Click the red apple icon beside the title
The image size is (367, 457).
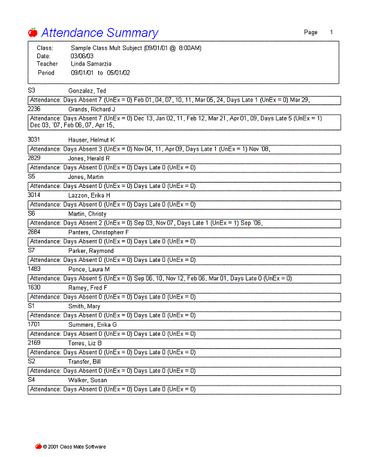tap(33, 32)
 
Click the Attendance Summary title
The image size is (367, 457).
tap(100, 33)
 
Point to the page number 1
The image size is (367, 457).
tap(331, 32)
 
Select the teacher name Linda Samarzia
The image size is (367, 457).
tap(91, 64)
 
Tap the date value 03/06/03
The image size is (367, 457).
tap(82, 56)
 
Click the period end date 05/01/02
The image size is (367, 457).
tap(118, 73)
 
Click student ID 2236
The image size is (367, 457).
tap(34, 109)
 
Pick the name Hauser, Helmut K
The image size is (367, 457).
tap(91, 140)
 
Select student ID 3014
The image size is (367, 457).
tap(35, 195)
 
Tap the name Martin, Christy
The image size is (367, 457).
tap(88, 214)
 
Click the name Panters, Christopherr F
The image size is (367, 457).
tap(98, 232)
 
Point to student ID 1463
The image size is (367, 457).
tap(34, 269)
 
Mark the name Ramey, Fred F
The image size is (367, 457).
tap(88, 288)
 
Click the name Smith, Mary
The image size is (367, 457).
tap(84, 306)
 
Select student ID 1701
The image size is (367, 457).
tap(34, 324)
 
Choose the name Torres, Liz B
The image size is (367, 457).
tap(85, 343)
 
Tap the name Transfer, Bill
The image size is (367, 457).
tap(85, 362)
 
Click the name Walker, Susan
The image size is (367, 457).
tap(88, 380)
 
